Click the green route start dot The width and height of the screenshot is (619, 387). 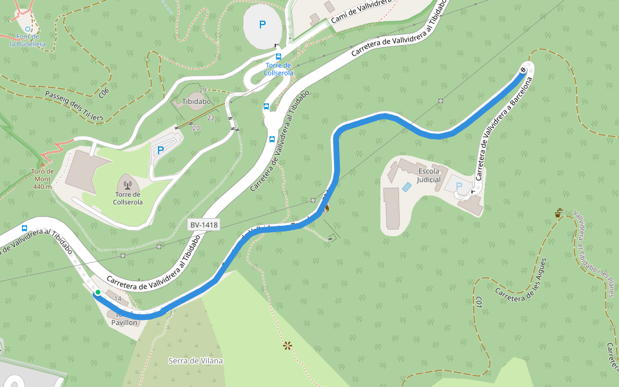[x=97, y=293]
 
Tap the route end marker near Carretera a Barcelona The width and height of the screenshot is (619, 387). [x=524, y=70]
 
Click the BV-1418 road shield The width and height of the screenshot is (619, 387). [x=204, y=224]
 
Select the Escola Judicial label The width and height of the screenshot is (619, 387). [x=429, y=175]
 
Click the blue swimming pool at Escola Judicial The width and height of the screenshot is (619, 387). [x=406, y=186]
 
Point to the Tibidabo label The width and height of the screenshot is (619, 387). [x=197, y=102]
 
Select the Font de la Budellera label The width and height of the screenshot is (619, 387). [x=28, y=41]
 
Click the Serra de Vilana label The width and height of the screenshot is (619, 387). [x=195, y=361]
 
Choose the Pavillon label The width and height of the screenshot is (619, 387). [x=124, y=321]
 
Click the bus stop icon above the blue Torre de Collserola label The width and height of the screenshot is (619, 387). [x=279, y=57]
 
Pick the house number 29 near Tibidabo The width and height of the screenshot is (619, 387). [x=202, y=90]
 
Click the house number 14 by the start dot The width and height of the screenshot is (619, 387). [x=117, y=299]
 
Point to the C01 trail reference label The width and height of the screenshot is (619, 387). [x=480, y=303]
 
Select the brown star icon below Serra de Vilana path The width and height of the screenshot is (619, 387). [x=288, y=346]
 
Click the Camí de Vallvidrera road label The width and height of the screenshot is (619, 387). [x=368, y=12]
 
